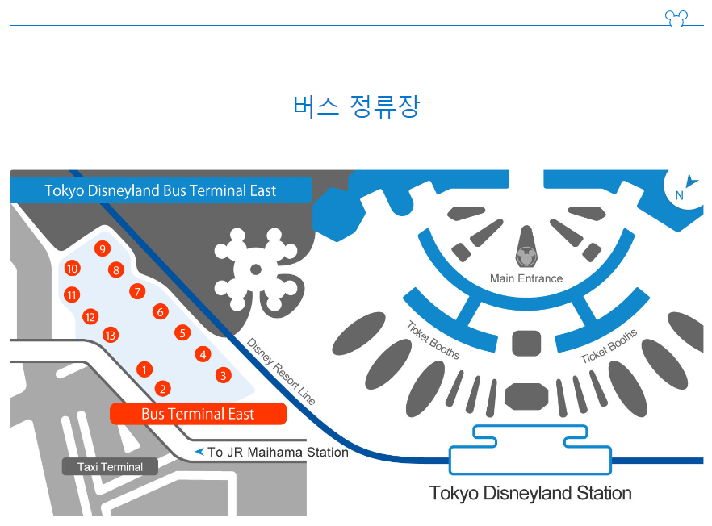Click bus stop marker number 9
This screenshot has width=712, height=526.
pos(101,248)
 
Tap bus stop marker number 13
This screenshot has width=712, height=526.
pos(111,335)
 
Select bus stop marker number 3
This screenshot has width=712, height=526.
pos(224,375)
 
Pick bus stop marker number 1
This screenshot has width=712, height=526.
pos(144,369)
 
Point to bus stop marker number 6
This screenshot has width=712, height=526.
pos(161,311)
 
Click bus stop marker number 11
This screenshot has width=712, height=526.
pos(72,294)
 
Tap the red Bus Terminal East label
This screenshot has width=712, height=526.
pos(198,414)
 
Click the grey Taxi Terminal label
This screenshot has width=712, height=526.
pos(110,467)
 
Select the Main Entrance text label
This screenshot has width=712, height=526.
pos(526,278)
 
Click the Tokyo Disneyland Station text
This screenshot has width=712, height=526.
pos(530,493)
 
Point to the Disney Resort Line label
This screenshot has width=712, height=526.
pos(281,370)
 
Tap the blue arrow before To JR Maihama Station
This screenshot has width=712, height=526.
pos(199,452)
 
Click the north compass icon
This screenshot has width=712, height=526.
pos(682,188)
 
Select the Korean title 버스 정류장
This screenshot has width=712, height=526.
pos(356,106)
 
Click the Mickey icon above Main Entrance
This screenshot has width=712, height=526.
pos(526,257)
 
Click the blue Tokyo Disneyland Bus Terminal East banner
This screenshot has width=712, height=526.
pos(161,191)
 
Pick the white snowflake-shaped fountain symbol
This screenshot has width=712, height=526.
pos(255,269)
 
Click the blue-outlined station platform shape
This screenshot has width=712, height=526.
pos(530,453)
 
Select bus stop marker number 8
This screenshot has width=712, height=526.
pos(116,270)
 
